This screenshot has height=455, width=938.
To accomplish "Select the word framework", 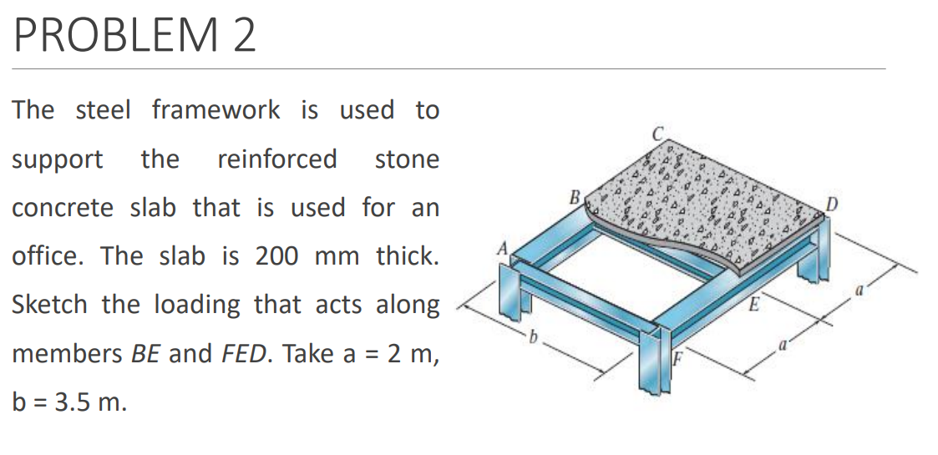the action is (215, 109).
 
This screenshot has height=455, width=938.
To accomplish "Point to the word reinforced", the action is (276, 159).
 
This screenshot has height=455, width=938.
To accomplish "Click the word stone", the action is (407, 159).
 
